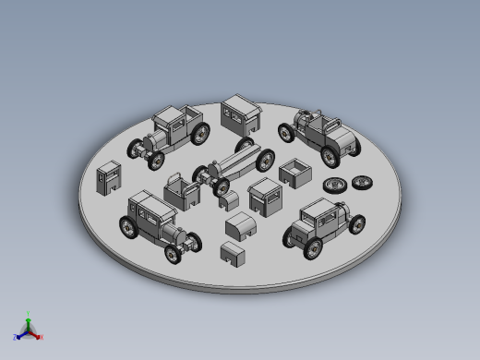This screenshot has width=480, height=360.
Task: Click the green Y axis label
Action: [x=29, y=314]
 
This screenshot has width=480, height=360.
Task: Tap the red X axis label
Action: [x=42, y=338]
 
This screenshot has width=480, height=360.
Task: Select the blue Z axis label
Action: [x=14, y=338]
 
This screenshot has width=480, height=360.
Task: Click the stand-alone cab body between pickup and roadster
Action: [x=241, y=116]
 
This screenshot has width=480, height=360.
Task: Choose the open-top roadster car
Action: [x=319, y=133]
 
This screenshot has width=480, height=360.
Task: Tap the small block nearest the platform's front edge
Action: [x=233, y=252]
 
